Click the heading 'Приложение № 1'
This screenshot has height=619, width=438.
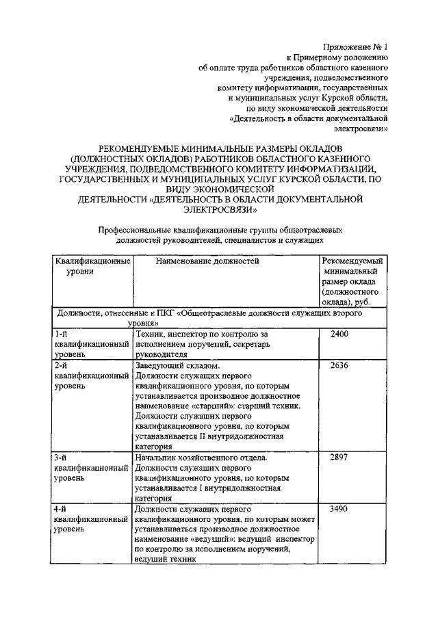[355, 47]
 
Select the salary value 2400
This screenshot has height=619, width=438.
[340, 334]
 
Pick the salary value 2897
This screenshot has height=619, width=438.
[340, 458]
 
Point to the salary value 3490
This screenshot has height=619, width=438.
[340, 509]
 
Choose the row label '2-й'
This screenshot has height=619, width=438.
[61, 365]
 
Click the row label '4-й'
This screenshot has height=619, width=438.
[61, 509]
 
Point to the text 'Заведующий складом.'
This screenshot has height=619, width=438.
[175, 365]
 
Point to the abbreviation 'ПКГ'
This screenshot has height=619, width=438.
[165, 313]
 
